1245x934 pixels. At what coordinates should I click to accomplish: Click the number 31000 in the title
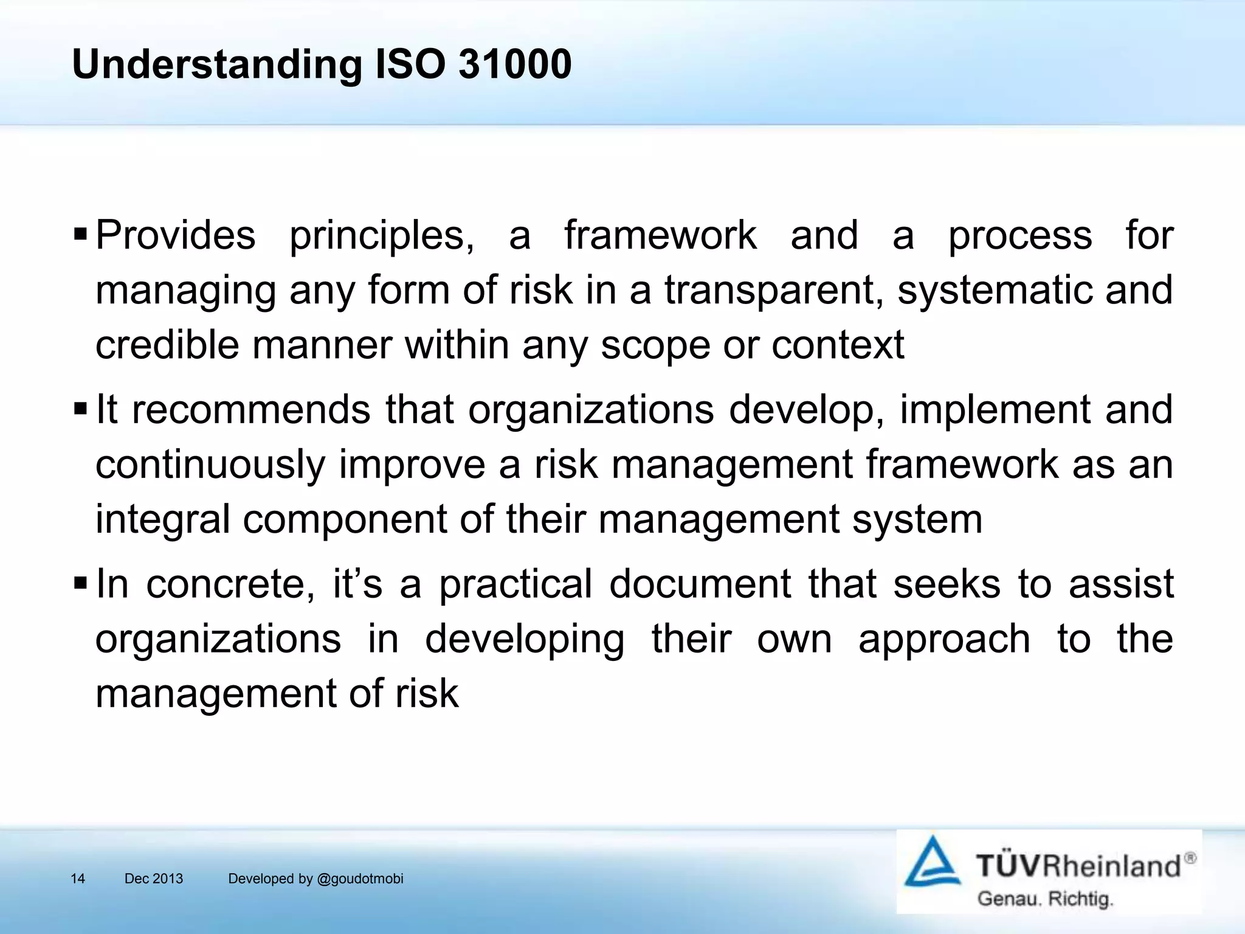tap(514, 64)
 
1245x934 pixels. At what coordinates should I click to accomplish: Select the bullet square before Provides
tap(80, 233)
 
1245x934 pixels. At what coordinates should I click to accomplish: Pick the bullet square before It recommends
tap(80, 408)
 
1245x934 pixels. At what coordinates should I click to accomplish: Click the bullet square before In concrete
tap(80, 583)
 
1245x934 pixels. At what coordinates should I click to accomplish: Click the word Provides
tap(176, 235)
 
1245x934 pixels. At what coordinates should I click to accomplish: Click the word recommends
tap(251, 409)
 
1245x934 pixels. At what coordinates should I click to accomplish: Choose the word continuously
tap(210, 465)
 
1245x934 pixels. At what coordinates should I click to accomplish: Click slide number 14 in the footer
tap(78, 879)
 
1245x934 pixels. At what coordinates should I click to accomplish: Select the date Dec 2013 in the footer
tap(153, 879)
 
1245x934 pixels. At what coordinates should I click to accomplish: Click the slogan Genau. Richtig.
tap(1045, 898)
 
